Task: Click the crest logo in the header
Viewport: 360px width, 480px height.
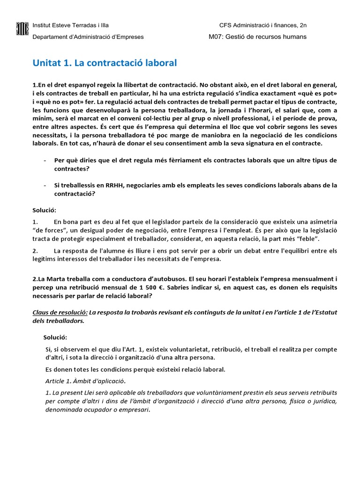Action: pyautogui.click(x=22, y=30)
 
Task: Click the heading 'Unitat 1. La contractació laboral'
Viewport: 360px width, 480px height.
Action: pyautogui.click(x=105, y=63)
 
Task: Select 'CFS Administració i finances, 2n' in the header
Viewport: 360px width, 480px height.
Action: pyautogui.click(x=263, y=25)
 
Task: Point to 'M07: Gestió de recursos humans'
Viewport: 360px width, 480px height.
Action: pyautogui.click(x=257, y=37)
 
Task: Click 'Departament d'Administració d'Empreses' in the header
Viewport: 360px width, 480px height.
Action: pyautogui.click(x=88, y=37)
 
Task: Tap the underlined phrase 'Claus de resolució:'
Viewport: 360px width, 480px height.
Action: pyautogui.click(x=60, y=312)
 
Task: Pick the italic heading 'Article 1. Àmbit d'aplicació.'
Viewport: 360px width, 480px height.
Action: pyautogui.click(x=86, y=380)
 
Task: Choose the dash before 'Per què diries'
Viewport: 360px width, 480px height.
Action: pyautogui.click(x=44, y=160)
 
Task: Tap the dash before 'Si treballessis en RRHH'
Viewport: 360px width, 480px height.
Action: pyautogui.click(x=44, y=185)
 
